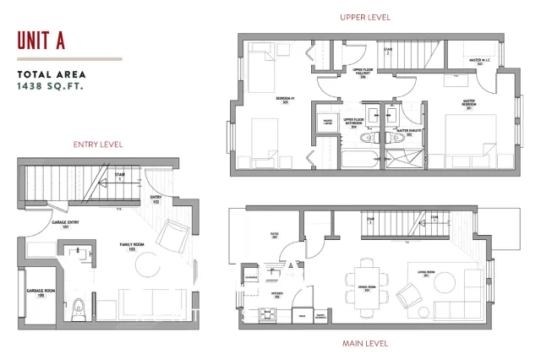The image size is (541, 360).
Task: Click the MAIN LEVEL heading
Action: coord(364,343)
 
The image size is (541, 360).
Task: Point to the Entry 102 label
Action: coord(156,201)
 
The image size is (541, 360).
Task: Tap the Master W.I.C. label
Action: coord(481,61)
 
